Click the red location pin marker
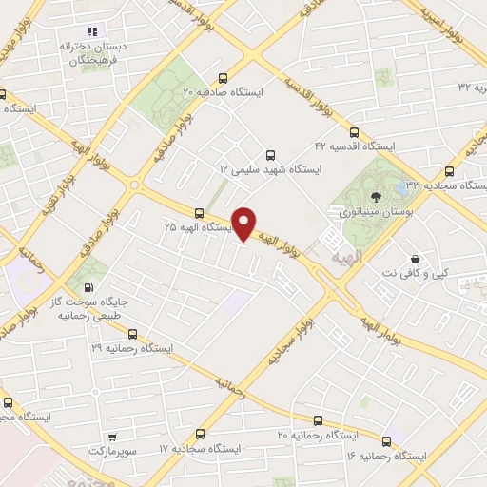pos(244,223)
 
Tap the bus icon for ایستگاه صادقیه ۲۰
pos(223,79)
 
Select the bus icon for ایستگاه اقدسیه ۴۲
pos(354,133)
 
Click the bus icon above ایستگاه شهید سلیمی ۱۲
pos(270,154)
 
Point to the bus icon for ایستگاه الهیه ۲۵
pos(199,213)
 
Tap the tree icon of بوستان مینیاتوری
pos(379,196)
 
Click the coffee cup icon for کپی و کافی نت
pos(415,259)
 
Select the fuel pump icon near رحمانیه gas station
pos(89,286)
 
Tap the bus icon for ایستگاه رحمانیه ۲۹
pos(132,334)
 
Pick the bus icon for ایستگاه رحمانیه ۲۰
pos(318,419)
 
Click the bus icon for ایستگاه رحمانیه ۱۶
pos(386,441)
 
